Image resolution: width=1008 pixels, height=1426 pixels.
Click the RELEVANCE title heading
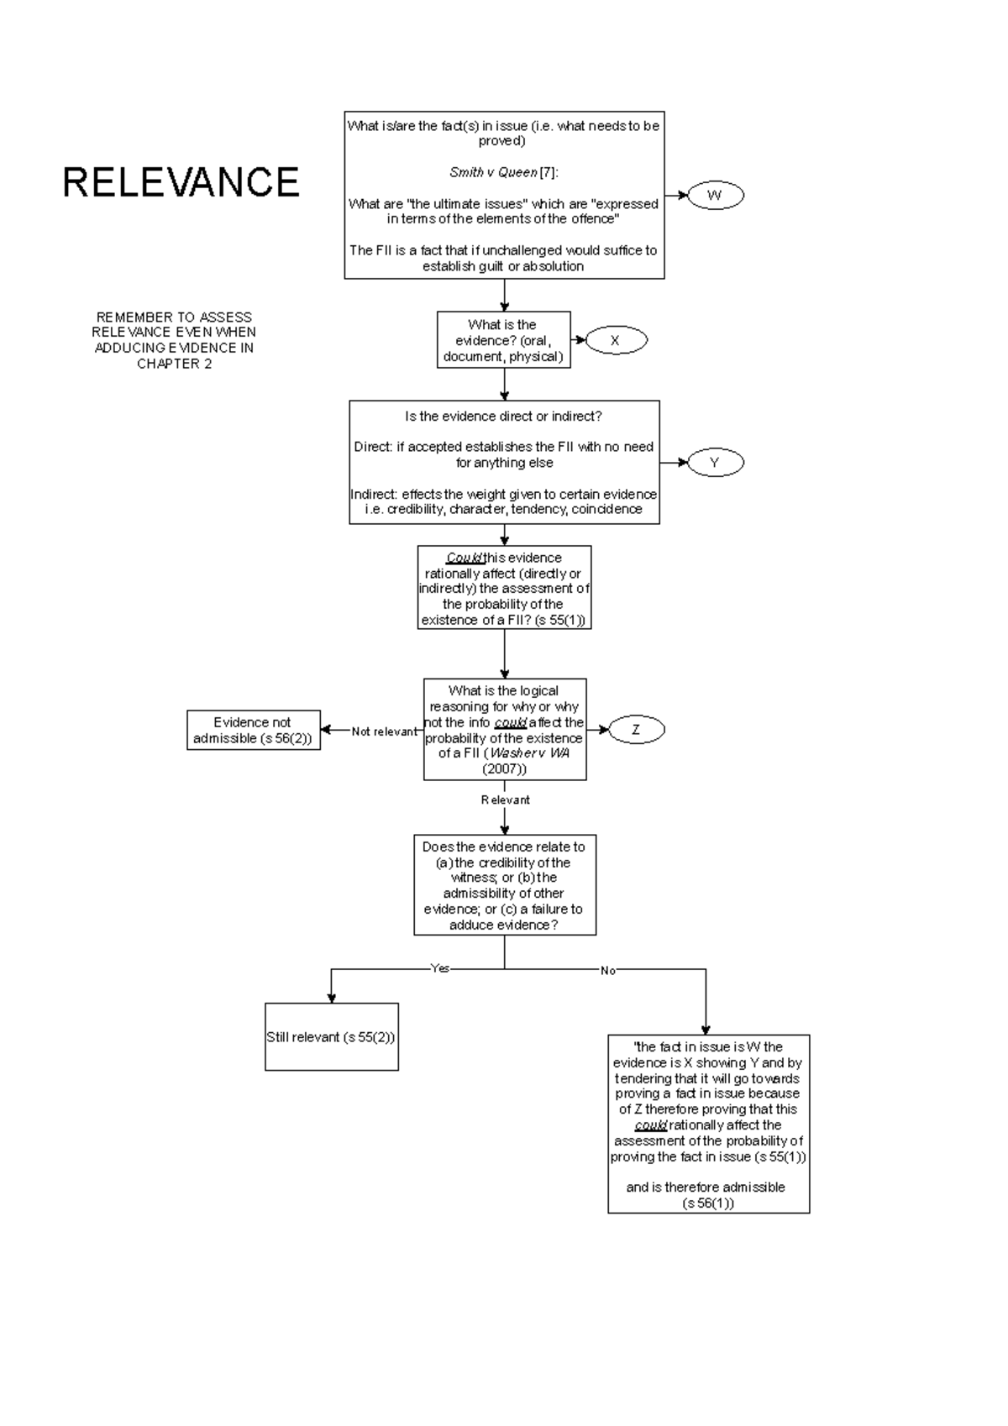[x=181, y=182]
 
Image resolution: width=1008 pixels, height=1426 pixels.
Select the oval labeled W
[x=715, y=196]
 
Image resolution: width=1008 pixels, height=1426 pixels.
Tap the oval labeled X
[x=615, y=340]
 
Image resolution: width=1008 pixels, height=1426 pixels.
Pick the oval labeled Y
[x=715, y=462]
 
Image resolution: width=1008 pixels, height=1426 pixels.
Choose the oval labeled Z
[x=636, y=730]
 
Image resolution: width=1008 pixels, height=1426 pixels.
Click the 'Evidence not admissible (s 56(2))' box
[x=253, y=730]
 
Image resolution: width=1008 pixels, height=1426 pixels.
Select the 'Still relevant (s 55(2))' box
[x=331, y=1036]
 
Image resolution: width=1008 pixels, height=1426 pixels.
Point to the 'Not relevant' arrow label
[x=384, y=731]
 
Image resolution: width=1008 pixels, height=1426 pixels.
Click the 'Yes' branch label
[x=440, y=968]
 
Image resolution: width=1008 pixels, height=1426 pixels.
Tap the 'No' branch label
[x=608, y=970]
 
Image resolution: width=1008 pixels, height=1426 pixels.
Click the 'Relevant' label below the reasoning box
[x=505, y=800]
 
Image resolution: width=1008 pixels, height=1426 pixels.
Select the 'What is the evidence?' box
[x=503, y=340]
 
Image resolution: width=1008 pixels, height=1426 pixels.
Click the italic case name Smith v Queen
[x=493, y=172]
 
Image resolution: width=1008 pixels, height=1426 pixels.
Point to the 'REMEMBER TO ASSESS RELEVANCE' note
[x=174, y=340]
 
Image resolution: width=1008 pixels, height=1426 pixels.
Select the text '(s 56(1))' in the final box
[x=708, y=1203]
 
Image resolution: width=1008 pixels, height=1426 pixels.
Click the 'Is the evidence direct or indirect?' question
[x=503, y=417]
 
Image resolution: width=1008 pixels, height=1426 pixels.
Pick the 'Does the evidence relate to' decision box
[x=504, y=885]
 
